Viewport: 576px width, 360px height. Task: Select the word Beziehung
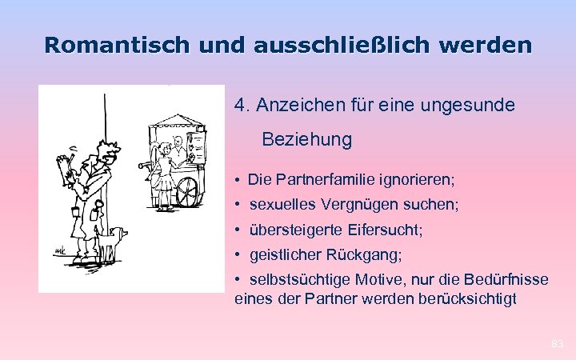[x=306, y=139]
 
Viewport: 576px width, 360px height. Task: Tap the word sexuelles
[x=282, y=205]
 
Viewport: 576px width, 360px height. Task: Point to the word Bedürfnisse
[x=508, y=280]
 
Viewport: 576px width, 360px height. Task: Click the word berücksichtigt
[x=468, y=299]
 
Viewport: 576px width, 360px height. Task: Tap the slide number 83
[x=558, y=344]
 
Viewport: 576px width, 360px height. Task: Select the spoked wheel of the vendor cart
[x=186, y=192]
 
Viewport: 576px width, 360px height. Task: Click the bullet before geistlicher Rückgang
[x=239, y=255]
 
